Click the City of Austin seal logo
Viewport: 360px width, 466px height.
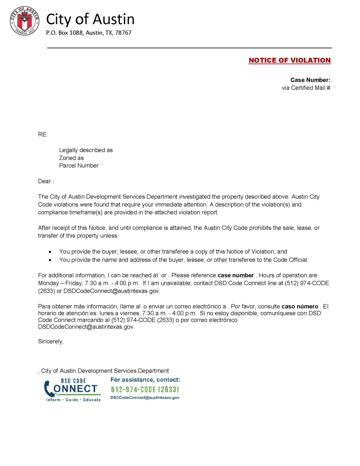(24, 21)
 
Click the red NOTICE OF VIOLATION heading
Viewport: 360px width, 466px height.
(289, 61)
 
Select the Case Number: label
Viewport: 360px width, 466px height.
(310, 80)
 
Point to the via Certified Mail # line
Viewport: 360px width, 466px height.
(306, 88)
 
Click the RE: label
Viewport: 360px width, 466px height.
(42, 134)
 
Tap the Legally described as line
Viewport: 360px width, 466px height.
(86, 150)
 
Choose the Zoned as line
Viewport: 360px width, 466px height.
(71, 158)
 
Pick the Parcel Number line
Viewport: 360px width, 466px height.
(79, 166)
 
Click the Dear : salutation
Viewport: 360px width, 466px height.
(46, 181)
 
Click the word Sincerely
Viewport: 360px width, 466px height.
(51, 341)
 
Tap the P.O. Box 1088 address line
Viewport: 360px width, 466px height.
(89, 33)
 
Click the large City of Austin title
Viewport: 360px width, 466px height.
(91, 19)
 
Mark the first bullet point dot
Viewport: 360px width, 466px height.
(50, 252)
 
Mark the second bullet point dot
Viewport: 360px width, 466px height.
(50, 260)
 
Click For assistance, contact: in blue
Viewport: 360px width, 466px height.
(145, 380)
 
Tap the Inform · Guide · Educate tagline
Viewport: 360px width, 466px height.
(73, 400)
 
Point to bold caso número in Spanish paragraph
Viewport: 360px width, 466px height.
(299, 307)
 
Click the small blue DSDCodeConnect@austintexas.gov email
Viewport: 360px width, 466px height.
(145, 398)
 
